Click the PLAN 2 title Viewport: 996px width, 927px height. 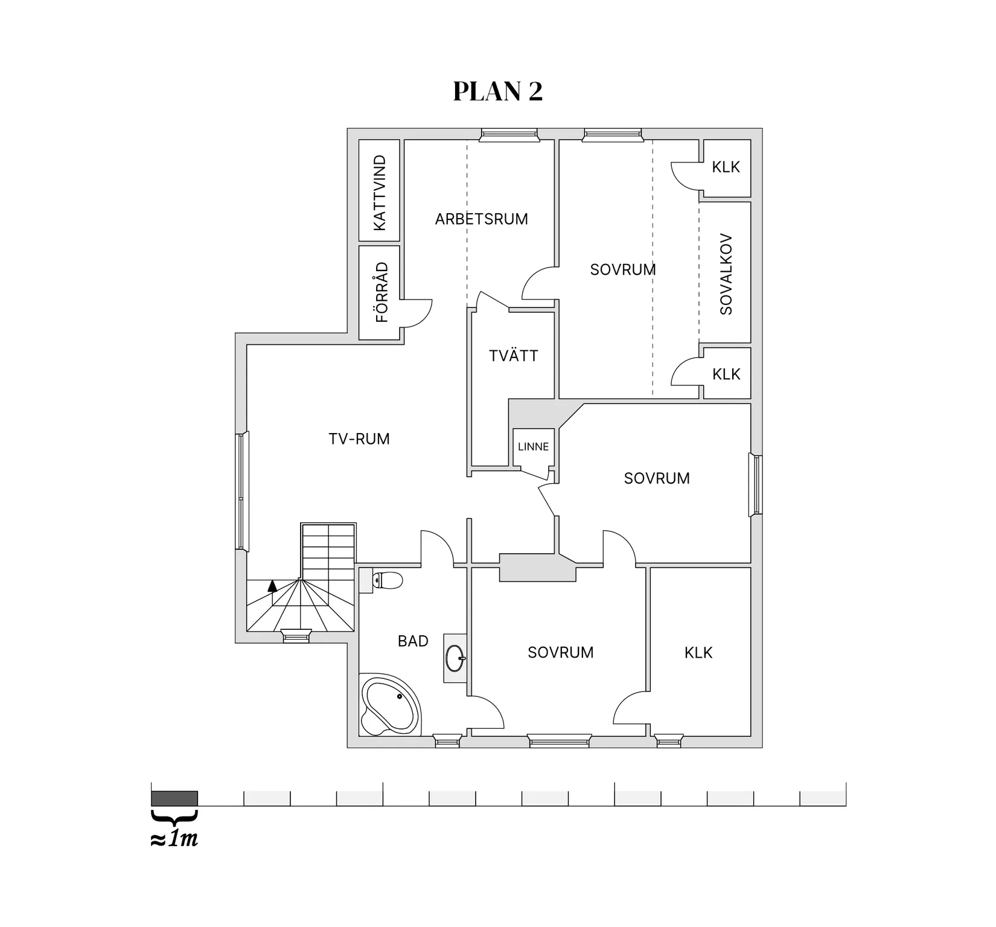[x=497, y=91]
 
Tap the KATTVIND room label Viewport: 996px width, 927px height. [x=380, y=193]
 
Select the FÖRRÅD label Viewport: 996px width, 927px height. [x=381, y=292]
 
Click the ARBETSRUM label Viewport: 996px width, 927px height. [x=481, y=219]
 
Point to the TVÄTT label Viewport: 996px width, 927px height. [x=513, y=356]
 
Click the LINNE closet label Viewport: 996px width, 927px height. [x=533, y=447]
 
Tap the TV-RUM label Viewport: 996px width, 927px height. [x=359, y=439]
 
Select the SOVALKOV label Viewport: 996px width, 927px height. [x=726, y=274]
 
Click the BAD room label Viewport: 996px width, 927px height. [x=413, y=641]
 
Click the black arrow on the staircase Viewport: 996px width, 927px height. [x=272, y=585]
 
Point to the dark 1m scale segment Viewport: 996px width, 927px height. [x=174, y=798]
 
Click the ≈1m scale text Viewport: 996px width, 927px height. [x=174, y=839]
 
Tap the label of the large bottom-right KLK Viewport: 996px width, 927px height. [x=698, y=652]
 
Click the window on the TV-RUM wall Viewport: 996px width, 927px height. [x=242, y=491]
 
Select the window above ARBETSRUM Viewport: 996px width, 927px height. [x=509, y=135]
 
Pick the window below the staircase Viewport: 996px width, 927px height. [x=296, y=635]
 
